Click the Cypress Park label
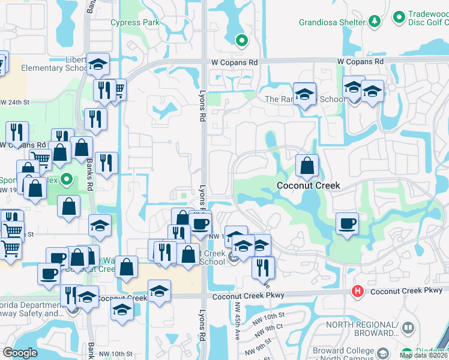135,23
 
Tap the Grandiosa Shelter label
332,23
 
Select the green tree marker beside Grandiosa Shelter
375,22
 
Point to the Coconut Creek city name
308,185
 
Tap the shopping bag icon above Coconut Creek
307,166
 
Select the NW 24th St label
14,102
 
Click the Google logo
20,352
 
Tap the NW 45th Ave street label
237,328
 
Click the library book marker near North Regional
408,328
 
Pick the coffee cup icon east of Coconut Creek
347,224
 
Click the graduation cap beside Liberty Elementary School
97,64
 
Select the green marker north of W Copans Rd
241,41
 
